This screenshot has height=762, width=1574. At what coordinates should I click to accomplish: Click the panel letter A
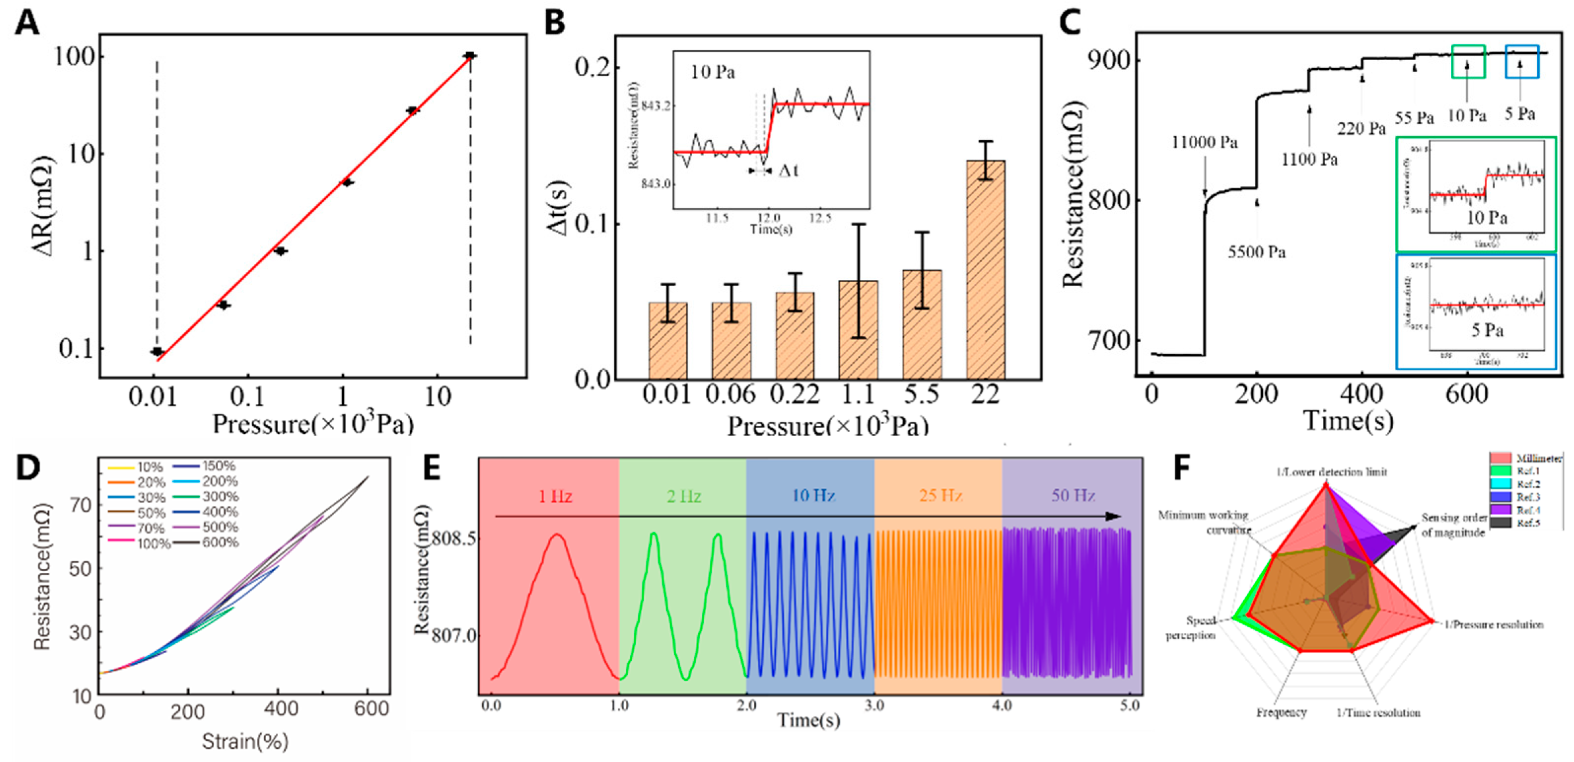click(27, 24)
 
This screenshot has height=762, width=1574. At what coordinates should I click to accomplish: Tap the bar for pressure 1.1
click(858, 329)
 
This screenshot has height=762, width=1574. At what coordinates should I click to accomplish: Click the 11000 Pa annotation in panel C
click(1204, 142)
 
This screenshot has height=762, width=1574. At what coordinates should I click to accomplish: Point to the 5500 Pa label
click(1256, 252)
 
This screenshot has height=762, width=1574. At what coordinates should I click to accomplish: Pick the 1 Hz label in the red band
click(555, 496)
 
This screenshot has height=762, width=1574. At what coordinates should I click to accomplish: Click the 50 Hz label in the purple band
click(1073, 495)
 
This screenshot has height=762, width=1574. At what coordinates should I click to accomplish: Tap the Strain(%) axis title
click(245, 741)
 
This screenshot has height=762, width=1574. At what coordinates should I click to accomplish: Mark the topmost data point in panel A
click(469, 55)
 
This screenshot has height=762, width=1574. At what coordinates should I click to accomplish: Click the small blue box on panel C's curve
click(1521, 62)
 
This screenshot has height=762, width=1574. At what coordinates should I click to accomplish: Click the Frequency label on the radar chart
click(1281, 712)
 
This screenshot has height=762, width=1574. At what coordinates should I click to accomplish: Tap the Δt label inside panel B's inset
click(788, 171)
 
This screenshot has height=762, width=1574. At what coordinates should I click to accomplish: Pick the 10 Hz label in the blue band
click(813, 495)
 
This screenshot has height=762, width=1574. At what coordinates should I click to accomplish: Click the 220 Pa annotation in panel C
click(1361, 128)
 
